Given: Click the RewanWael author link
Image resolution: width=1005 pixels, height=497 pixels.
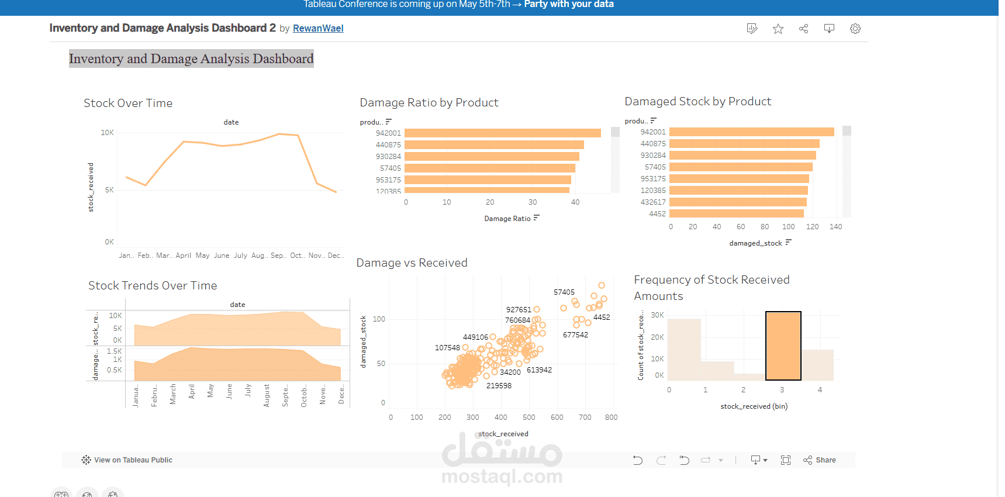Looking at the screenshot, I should pyautogui.click(x=318, y=28).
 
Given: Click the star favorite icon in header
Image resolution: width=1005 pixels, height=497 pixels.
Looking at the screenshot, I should pyautogui.click(x=778, y=29).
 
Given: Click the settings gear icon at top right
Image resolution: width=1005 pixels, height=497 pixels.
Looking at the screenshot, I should pyautogui.click(x=855, y=29).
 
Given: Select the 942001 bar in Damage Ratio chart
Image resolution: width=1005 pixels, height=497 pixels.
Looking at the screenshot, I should pyautogui.click(x=502, y=133).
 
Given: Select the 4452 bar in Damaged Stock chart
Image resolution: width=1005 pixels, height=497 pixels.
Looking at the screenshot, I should pyautogui.click(x=736, y=214).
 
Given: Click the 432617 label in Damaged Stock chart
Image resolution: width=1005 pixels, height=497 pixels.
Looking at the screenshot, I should pyautogui.click(x=653, y=202).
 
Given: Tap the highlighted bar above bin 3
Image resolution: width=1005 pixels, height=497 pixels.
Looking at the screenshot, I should pyautogui.click(x=783, y=346).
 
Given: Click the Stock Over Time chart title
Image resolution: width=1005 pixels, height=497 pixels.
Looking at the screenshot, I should pyautogui.click(x=128, y=103).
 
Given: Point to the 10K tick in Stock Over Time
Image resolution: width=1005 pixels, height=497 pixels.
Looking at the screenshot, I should pyautogui.click(x=108, y=133).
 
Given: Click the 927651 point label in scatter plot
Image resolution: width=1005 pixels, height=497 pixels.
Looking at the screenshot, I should pyautogui.click(x=519, y=310).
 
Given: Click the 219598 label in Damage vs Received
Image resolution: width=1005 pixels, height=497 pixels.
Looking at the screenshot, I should pyautogui.click(x=499, y=386).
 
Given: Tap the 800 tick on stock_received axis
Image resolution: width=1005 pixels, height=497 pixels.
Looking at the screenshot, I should pyautogui.click(x=611, y=417).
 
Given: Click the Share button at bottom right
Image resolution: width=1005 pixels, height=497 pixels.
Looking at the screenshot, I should pyautogui.click(x=820, y=460).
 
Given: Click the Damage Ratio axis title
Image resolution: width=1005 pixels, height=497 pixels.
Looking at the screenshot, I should pyautogui.click(x=507, y=219).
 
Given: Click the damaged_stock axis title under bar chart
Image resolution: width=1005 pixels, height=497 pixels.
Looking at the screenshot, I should pyautogui.click(x=755, y=243).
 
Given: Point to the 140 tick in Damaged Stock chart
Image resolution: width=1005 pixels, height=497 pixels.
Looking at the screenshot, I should pyautogui.click(x=835, y=227).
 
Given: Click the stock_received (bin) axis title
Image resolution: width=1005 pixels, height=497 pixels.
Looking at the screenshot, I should pyautogui.click(x=754, y=406).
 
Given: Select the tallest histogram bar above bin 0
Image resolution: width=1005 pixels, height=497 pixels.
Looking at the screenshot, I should pyautogui.click(x=683, y=350).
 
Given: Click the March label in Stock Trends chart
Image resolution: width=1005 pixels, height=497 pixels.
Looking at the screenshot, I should pyautogui.click(x=173, y=394).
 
